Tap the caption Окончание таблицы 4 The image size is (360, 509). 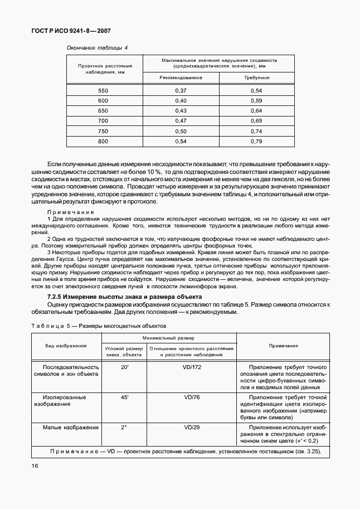97,48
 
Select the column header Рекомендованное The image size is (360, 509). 181,77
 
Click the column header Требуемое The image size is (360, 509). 256,77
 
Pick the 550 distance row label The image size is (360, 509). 103,90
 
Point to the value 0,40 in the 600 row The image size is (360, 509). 181,100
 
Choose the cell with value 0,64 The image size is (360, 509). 256,110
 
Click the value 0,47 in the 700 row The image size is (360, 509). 181,120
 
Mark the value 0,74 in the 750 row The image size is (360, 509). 256,131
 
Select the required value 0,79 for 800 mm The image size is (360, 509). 256,141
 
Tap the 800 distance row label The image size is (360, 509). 103,141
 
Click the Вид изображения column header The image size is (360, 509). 66,346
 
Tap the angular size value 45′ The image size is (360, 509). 124,397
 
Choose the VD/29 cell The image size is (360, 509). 191,428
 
